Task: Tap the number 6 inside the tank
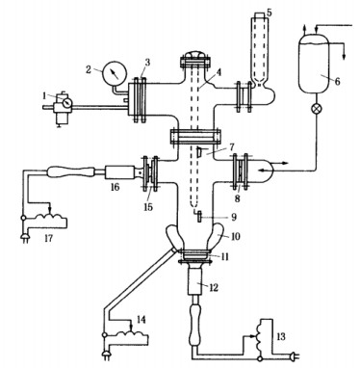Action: pos(337,81)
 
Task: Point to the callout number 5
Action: pos(269,13)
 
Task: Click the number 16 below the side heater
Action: pos(115,186)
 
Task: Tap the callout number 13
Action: pos(281,336)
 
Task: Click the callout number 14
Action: pos(141,319)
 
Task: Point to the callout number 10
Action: pos(235,237)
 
